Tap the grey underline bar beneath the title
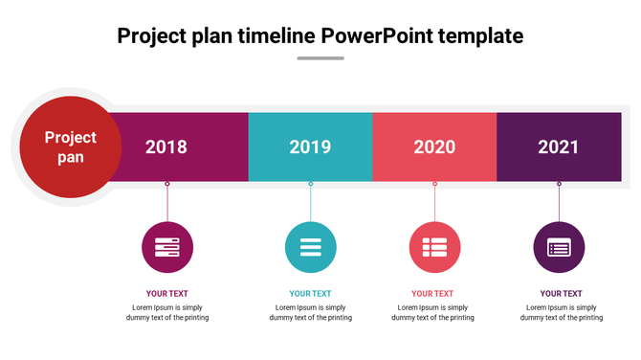320,58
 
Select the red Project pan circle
71,146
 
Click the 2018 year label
166,147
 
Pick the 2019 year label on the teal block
310,147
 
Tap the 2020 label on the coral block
434,147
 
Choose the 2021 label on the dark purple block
559,147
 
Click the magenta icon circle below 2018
167,247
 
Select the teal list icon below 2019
311,247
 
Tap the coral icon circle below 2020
435,247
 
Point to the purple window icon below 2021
559,247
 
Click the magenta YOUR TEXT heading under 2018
167,294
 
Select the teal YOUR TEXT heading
311,294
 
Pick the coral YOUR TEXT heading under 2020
432,294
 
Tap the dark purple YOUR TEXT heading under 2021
561,294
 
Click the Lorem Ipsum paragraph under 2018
167,312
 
